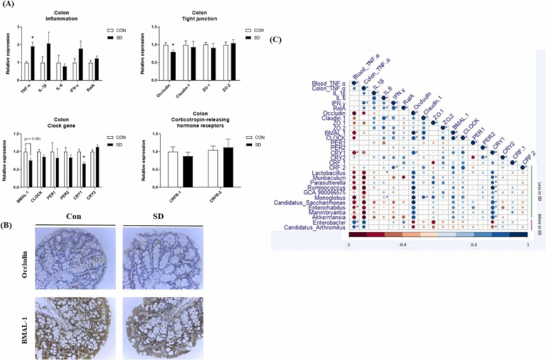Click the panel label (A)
pos(11,7)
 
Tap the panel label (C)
pos(276,40)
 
